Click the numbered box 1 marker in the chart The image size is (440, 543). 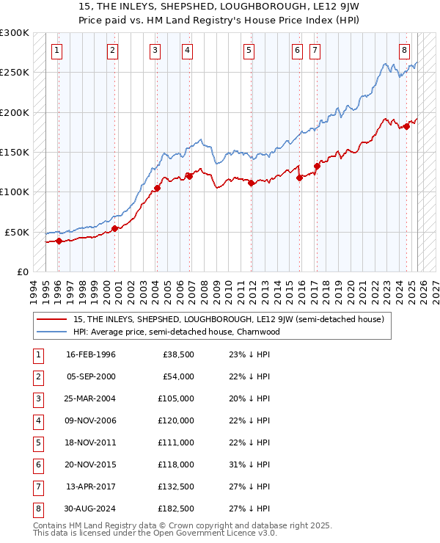57,51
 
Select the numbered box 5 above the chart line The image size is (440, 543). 249,51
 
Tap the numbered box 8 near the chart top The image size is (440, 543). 404,51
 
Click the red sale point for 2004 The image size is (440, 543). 157,189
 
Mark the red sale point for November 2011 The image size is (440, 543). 251,183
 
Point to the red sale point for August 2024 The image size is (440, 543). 406,127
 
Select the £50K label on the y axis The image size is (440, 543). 17,232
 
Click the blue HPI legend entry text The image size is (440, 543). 176,332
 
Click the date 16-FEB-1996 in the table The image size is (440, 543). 91,355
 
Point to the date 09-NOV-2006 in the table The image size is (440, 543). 91,420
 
